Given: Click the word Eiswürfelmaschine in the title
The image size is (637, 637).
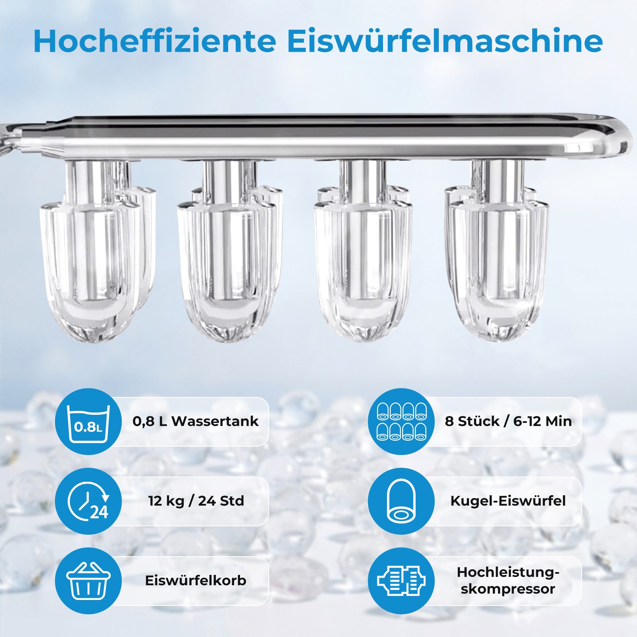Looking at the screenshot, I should (444, 41).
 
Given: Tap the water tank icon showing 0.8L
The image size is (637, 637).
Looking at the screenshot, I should (88, 422).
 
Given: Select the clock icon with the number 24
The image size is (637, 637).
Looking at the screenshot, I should (88, 501).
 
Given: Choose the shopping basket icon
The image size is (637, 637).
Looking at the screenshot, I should (88, 580).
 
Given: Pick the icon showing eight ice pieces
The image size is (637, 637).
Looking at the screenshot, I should (401, 422).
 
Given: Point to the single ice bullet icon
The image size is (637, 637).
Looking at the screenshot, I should (401, 501).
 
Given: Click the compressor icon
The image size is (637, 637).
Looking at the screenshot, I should (401, 580).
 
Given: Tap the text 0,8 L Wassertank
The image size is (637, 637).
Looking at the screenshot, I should (195, 421).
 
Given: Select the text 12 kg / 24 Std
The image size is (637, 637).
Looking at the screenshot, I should (196, 501).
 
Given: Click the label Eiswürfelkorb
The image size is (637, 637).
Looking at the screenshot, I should (195, 580).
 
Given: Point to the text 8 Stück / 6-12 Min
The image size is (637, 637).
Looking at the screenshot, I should (508, 421).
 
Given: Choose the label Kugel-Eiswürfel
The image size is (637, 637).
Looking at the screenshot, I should (508, 501).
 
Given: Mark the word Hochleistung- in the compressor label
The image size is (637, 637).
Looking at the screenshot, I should (508, 573).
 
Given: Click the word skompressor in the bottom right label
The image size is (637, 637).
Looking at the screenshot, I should (508, 589).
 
